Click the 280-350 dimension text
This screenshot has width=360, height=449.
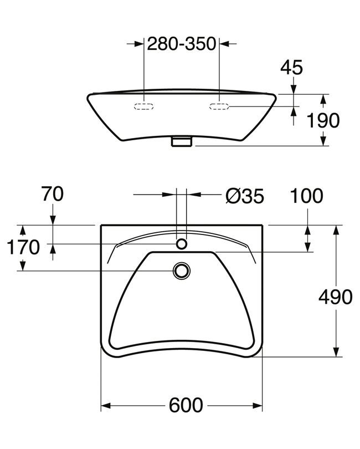(182, 44)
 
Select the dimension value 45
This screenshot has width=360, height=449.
(291, 68)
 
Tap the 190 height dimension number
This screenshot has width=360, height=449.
(323, 120)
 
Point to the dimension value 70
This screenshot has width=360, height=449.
(53, 194)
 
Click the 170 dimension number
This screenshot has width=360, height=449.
(23, 247)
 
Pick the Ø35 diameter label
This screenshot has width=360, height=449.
(245, 196)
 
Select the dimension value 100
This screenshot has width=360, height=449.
(306, 196)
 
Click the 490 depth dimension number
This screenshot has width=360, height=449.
(336, 297)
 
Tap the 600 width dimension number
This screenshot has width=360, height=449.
(186, 405)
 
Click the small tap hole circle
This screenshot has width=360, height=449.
(182, 244)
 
